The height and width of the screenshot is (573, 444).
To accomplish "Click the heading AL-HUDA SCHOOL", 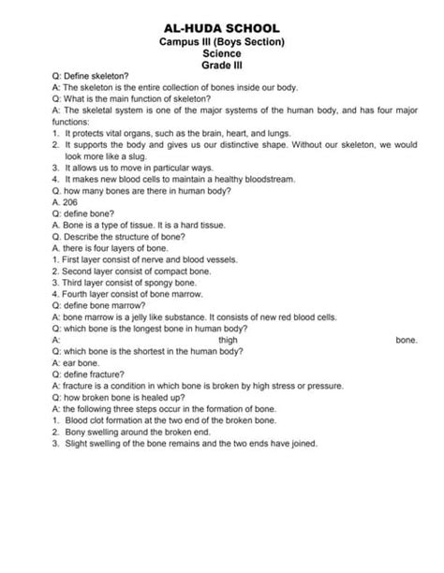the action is click(222, 31).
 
